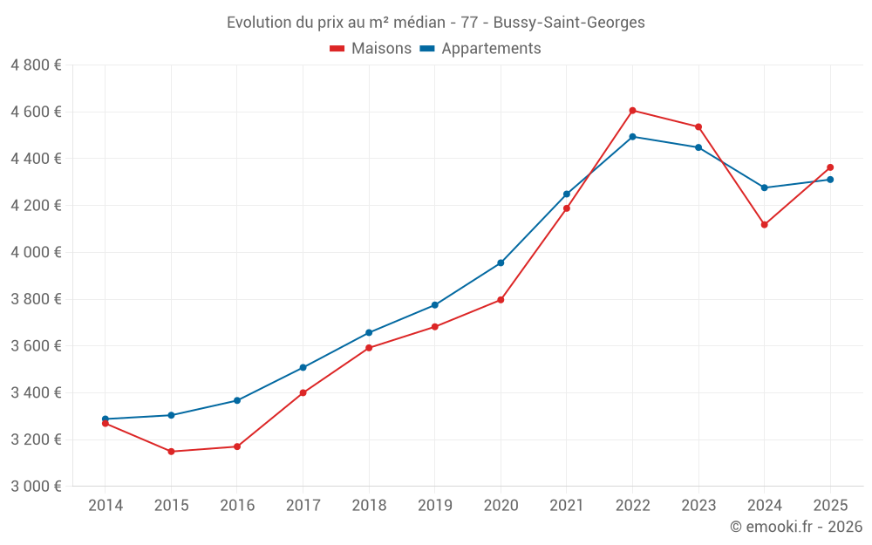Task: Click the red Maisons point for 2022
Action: [x=632, y=111]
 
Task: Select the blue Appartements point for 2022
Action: [x=632, y=137]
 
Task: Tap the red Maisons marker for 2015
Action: [x=171, y=452]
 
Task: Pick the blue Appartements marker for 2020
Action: [x=501, y=262]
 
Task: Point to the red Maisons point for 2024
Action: [x=764, y=225]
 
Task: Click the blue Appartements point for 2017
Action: [x=303, y=367]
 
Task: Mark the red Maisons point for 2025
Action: [x=830, y=167]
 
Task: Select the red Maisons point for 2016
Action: [x=237, y=446]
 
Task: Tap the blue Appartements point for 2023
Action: [x=698, y=147]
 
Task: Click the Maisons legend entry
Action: [x=371, y=49]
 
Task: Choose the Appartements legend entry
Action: [x=480, y=49]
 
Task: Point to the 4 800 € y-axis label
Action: [x=36, y=65]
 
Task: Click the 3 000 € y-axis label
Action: [x=36, y=486]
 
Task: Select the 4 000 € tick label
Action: [x=36, y=252]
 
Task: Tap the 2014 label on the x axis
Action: [x=106, y=505]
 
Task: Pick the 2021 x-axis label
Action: [x=567, y=505]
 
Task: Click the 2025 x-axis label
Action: [x=830, y=505]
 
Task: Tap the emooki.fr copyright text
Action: [x=796, y=527]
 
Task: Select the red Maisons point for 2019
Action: [x=434, y=327]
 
